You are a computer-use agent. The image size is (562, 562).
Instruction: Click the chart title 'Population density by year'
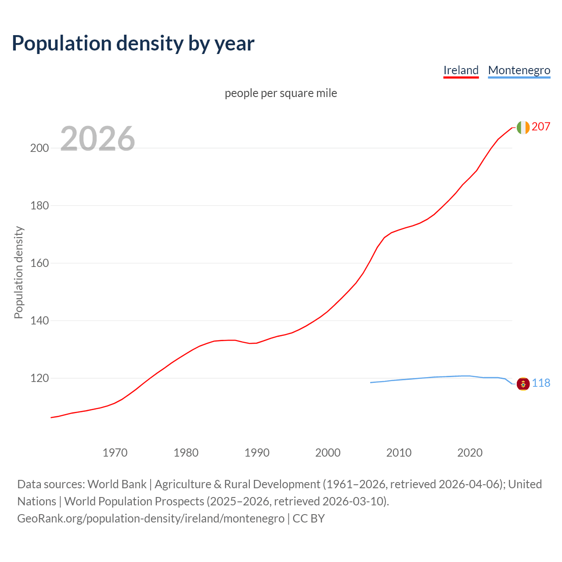(x=133, y=43)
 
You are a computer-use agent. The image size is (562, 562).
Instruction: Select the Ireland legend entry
(x=461, y=70)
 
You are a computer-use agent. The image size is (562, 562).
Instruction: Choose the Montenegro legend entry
(x=519, y=70)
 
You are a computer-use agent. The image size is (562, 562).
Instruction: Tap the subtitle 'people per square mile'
(x=281, y=93)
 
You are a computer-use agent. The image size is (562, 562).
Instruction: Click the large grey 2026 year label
(x=97, y=139)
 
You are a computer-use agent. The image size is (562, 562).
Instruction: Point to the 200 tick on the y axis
(x=39, y=148)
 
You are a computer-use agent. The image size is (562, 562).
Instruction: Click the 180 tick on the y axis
(x=39, y=205)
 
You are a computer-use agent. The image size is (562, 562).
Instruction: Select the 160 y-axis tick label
(x=39, y=263)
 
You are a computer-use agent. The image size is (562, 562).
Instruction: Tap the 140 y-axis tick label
(x=39, y=321)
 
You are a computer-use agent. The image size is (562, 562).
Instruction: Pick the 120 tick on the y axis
(x=39, y=378)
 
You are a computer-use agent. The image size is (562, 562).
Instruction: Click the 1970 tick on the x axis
(x=115, y=453)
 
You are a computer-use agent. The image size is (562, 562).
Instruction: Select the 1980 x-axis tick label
(x=186, y=453)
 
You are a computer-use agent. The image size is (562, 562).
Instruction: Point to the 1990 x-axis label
(x=257, y=453)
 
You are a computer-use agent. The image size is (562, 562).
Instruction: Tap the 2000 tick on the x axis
(x=328, y=453)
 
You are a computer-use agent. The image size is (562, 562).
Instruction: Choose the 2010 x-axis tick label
(x=399, y=453)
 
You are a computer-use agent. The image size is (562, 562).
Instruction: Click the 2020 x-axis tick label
(x=470, y=453)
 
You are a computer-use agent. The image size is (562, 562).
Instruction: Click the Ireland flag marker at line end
(x=523, y=127)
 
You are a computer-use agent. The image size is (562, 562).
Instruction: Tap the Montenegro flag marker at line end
(x=523, y=384)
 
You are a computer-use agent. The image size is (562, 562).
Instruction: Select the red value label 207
(x=541, y=127)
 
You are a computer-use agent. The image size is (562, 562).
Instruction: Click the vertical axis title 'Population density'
(x=18, y=272)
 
